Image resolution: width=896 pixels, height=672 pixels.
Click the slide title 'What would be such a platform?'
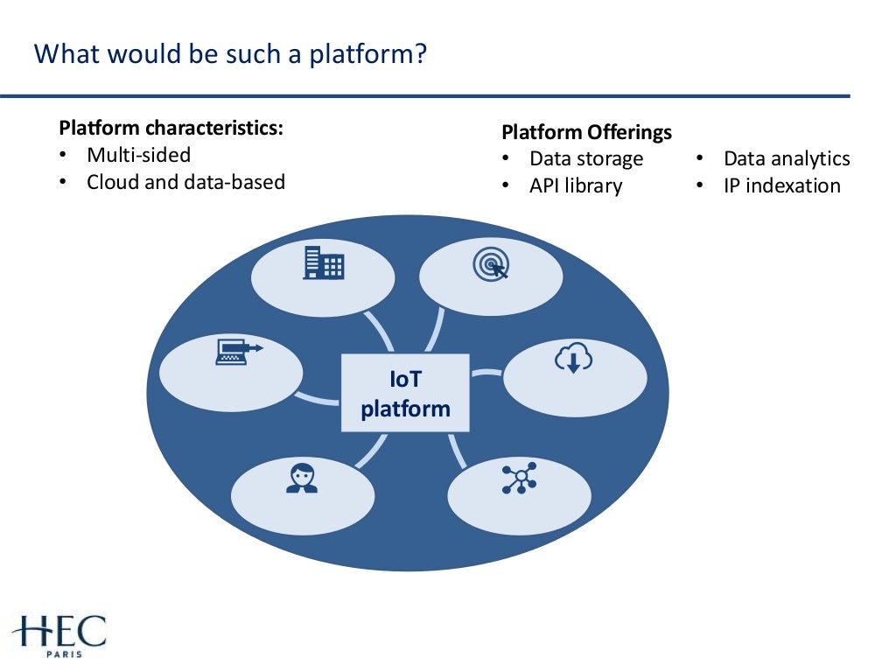[x=230, y=54]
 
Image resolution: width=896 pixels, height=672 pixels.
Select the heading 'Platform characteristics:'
[x=171, y=128]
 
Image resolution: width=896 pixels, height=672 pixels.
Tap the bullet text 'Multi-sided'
[x=138, y=155]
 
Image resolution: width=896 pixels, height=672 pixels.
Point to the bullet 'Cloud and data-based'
[x=185, y=182]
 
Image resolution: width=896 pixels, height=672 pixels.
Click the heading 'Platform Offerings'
[x=586, y=132]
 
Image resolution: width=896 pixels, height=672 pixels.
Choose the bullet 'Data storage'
[x=585, y=158]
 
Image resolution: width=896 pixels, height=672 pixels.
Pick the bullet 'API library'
[x=575, y=185]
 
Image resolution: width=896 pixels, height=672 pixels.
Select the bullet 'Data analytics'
[x=786, y=158]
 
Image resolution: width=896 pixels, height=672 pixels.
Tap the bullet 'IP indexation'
[x=781, y=185]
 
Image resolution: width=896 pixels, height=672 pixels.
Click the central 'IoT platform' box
[x=405, y=393]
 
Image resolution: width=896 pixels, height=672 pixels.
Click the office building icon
[x=323, y=262]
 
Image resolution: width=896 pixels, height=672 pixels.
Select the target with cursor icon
[x=490, y=264]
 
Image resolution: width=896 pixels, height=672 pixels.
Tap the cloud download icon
[x=573, y=358]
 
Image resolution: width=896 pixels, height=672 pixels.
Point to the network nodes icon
[x=519, y=479]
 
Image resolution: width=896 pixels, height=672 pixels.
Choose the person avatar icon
[x=302, y=479]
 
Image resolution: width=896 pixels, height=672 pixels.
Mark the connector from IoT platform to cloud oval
[x=486, y=373]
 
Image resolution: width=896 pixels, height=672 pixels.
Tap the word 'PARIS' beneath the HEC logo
[x=59, y=653]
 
